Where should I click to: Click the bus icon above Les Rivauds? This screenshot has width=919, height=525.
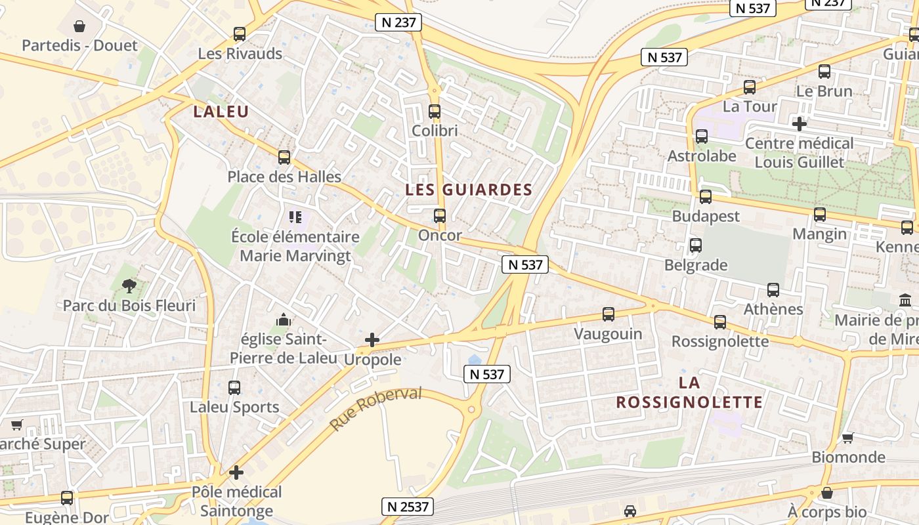240,34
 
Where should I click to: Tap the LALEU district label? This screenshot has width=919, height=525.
221,112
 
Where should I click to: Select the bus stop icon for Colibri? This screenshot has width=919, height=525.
434,112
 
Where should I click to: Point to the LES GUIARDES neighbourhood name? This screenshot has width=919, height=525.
469,190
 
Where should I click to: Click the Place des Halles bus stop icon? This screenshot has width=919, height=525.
284,157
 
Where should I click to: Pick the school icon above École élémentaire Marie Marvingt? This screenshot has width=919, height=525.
295,217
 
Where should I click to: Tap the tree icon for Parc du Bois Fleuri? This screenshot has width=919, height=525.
129,286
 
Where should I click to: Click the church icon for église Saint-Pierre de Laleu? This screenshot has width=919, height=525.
284,320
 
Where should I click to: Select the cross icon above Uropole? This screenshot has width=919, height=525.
372,340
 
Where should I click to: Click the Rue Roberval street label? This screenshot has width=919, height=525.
375,409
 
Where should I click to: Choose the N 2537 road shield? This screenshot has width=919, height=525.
408,507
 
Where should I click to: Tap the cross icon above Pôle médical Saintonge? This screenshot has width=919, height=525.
236,472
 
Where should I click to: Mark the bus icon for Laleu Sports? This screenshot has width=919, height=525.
234,387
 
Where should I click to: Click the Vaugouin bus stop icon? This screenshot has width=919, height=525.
609,314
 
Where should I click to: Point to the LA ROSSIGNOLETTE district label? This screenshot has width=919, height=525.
689,392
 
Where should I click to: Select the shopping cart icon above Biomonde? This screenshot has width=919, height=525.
848,438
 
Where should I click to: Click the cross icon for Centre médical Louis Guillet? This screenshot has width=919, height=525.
799,123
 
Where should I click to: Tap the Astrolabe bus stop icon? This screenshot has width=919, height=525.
702,136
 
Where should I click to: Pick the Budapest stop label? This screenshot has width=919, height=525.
706,217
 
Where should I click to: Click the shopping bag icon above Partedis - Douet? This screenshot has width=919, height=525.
79,26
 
